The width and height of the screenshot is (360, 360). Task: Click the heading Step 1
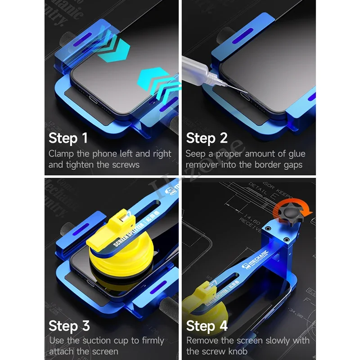[68, 138]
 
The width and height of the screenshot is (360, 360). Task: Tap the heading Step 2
[206, 138]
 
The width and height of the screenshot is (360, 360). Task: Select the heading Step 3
[69, 325]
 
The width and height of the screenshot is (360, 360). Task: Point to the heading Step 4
[207, 325]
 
